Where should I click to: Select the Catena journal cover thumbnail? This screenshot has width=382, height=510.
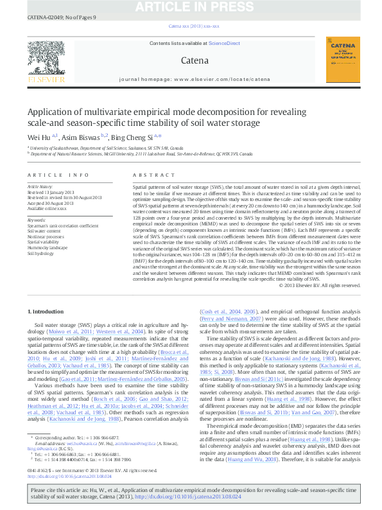tap(343, 59)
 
